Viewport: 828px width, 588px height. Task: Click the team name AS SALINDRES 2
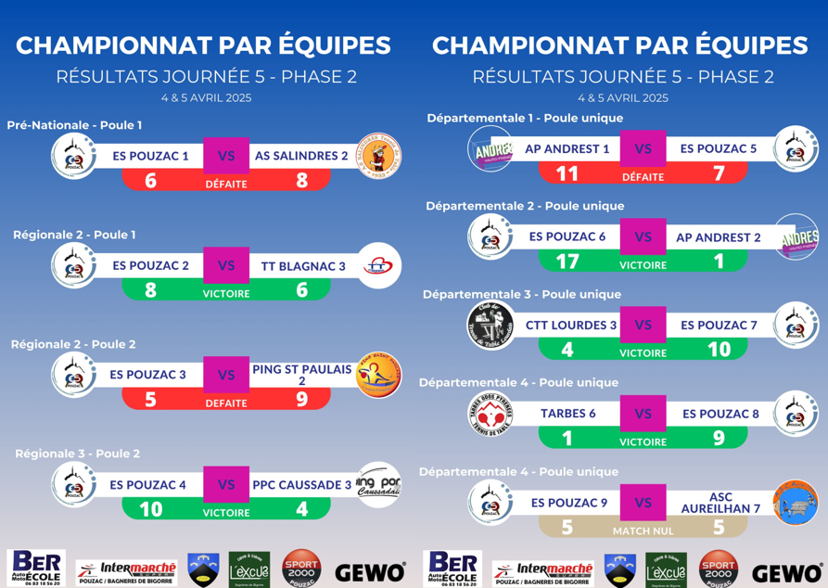point(301,156)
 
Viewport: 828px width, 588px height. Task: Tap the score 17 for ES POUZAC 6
point(567,262)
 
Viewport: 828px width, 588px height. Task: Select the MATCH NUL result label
point(643,531)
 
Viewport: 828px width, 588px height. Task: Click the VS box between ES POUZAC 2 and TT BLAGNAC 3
point(226,265)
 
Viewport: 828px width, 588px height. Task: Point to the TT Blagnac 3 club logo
point(379,266)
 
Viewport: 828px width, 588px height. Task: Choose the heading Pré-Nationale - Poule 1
point(74,125)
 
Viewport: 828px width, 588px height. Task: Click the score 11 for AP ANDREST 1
point(567,174)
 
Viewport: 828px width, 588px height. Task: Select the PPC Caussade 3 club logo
point(379,484)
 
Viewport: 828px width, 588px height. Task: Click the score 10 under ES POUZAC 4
point(150,509)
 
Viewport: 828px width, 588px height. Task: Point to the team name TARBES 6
point(567,414)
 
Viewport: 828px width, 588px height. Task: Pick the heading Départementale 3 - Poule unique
point(522,295)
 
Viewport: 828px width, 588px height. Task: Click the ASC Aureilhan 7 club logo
point(796,503)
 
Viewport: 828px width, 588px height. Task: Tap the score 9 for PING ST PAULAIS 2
point(301,401)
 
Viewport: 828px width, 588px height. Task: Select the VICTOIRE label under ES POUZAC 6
point(643,265)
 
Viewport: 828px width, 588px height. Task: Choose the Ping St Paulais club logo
point(379,376)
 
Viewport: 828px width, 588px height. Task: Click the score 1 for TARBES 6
point(567,439)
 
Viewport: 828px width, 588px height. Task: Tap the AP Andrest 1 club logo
point(490,149)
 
